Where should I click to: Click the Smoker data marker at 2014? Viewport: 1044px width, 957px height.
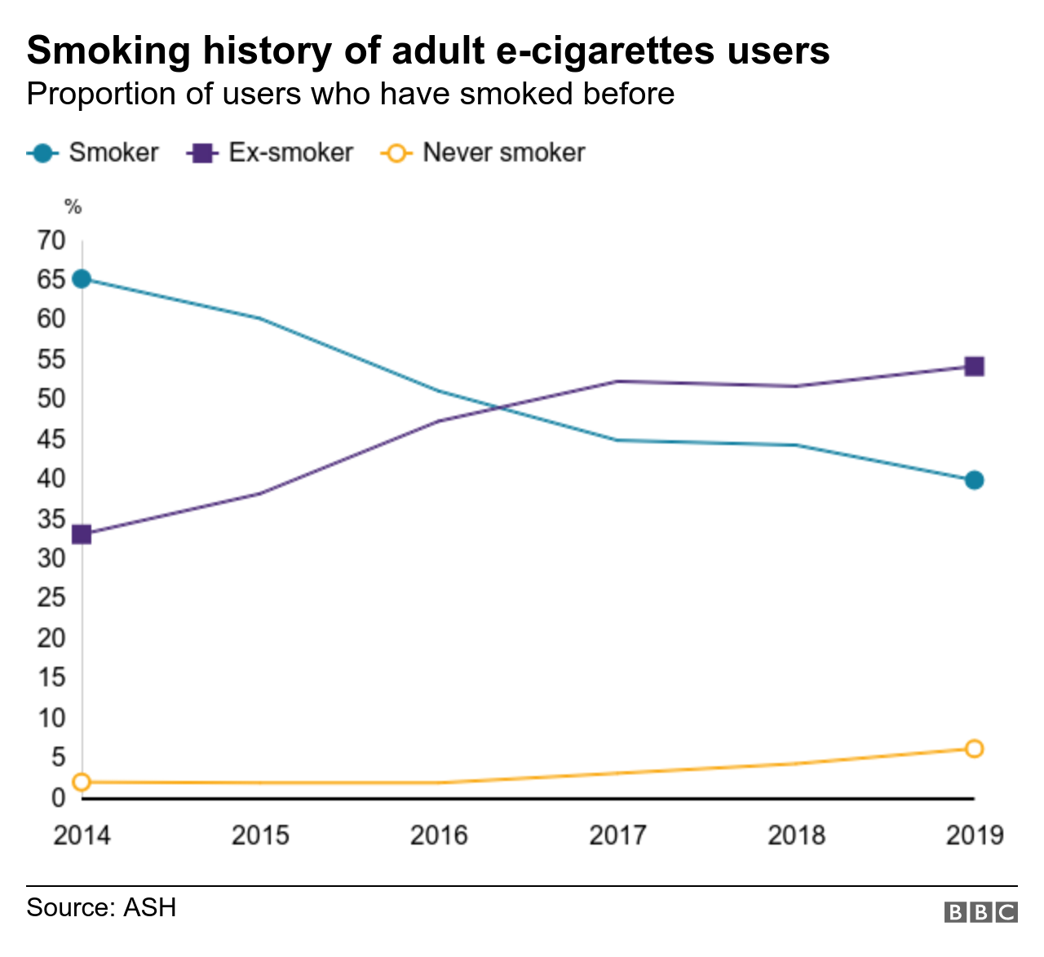(82, 279)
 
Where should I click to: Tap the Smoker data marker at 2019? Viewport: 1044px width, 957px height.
(974, 480)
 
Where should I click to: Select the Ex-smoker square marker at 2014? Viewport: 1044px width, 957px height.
(82, 535)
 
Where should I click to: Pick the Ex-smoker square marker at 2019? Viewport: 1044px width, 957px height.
(974, 367)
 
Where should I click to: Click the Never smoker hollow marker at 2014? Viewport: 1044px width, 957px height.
(82, 783)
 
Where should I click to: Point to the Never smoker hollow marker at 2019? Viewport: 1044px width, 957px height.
(974, 748)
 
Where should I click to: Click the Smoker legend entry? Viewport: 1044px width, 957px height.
(94, 152)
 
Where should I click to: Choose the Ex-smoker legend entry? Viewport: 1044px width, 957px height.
(272, 152)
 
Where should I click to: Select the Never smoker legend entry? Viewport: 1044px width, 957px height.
(484, 152)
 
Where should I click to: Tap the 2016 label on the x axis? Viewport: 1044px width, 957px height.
(439, 836)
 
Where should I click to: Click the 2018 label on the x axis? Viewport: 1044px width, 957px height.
(796, 836)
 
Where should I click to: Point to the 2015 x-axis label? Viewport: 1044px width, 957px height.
(260, 836)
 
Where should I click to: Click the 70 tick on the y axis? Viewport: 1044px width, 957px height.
(51, 240)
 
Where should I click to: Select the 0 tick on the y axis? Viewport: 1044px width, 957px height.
(58, 797)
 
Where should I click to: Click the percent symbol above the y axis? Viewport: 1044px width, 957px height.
(73, 207)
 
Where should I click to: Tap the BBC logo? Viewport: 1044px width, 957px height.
(980, 912)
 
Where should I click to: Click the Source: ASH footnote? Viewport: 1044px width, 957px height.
(101, 907)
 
